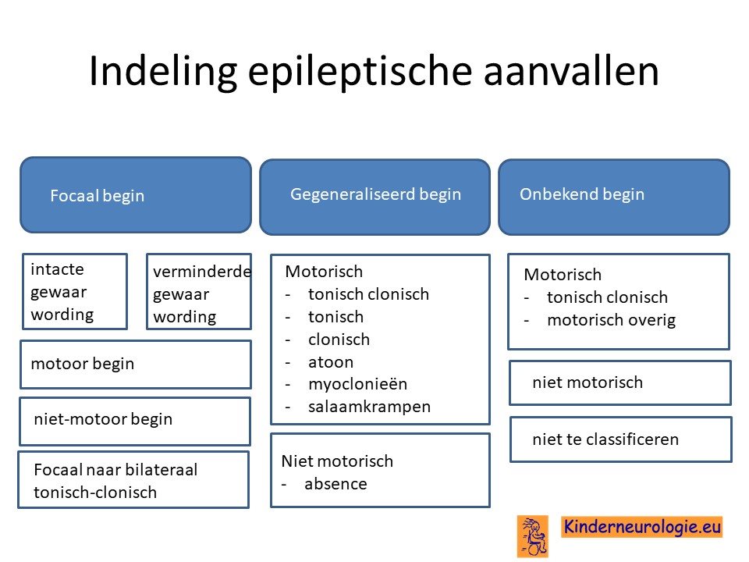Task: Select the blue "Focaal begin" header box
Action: tap(136, 195)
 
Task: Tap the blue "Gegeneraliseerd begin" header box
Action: tap(375, 197)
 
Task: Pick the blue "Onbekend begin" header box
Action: tap(614, 197)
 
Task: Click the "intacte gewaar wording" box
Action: tap(75, 291)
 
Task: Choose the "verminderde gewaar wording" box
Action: tap(199, 291)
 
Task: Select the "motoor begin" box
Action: tap(136, 365)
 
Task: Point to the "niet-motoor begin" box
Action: tap(135, 421)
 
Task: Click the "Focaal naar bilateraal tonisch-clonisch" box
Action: tap(133, 480)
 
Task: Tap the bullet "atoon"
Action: tap(331, 362)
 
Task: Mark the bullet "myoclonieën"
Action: tap(358, 384)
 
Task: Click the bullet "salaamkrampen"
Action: tap(369, 407)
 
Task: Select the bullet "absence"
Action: tap(335, 484)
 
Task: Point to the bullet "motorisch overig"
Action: tap(612, 320)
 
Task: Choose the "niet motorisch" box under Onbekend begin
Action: tap(620, 382)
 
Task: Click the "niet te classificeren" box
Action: tap(621, 439)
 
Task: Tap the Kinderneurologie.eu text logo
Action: tap(641, 527)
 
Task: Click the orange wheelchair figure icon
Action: tap(533, 536)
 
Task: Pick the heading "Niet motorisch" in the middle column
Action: tap(337, 461)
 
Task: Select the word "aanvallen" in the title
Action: tap(571, 72)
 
